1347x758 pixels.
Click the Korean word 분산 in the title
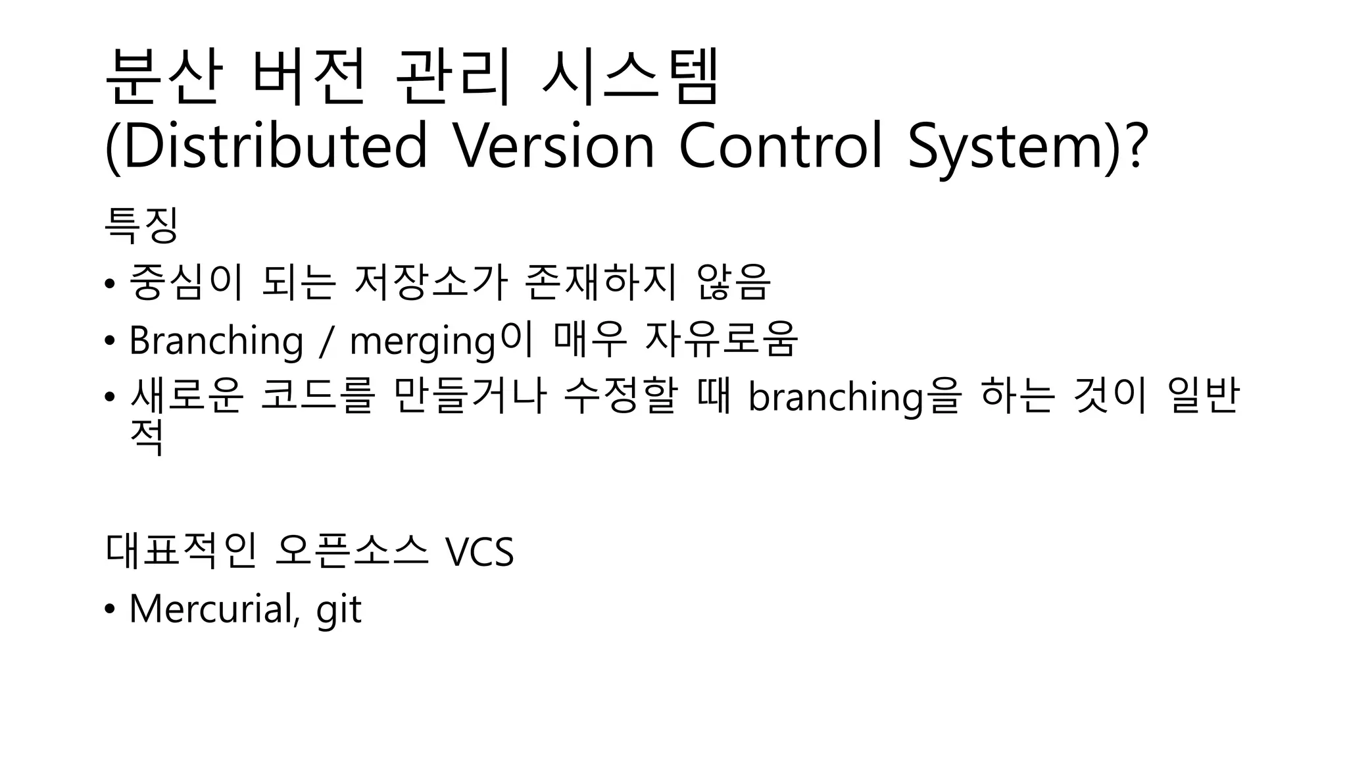click(162, 78)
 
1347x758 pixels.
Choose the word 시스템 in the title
click(630, 78)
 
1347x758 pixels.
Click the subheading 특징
click(141, 225)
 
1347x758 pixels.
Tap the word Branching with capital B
click(216, 341)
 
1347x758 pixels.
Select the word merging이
click(440, 341)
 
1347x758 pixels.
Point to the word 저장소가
click(431, 283)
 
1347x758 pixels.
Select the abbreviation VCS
click(479, 551)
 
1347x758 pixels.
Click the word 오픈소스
click(352, 551)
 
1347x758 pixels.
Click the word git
click(339, 610)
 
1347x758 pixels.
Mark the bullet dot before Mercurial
click(109, 609)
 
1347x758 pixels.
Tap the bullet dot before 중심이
click(109, 284)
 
